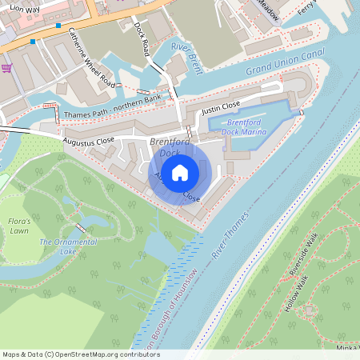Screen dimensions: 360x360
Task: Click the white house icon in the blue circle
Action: pyautogui.click(x=180, y=172)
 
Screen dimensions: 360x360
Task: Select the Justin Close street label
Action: pyautogui.click(x=221, y=106)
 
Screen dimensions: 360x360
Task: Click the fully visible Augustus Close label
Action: pyautogui.click(x=90, y=142)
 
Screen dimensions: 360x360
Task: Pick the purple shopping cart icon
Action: pyautogui.click(x=6, y=68)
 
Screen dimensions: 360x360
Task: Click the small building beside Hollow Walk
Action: pyautogui.click(x=310, y=308)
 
